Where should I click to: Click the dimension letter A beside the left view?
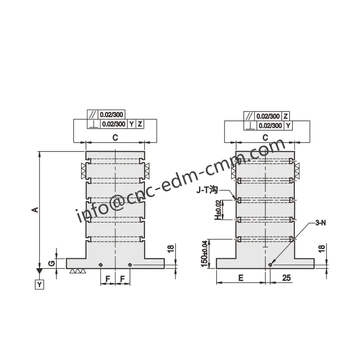(x=35, y=210)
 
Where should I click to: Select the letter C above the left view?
(x=115, y=138)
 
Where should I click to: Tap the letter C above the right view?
(x=265, y=137)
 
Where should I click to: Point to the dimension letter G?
(x=51, y=262)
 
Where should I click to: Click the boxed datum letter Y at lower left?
(x=40, y=284)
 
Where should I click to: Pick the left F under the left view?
(x=108, y=279)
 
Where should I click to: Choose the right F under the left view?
(x=123, y=279)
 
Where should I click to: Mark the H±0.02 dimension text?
(x=218, y=210)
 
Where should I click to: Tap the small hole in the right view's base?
(x=270, y=265)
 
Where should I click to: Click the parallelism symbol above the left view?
(x=93, y=115)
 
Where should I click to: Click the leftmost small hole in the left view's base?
(x=100, y=265)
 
